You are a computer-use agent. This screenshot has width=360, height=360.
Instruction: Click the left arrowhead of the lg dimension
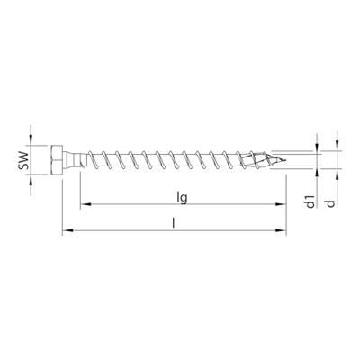point(84,205)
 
